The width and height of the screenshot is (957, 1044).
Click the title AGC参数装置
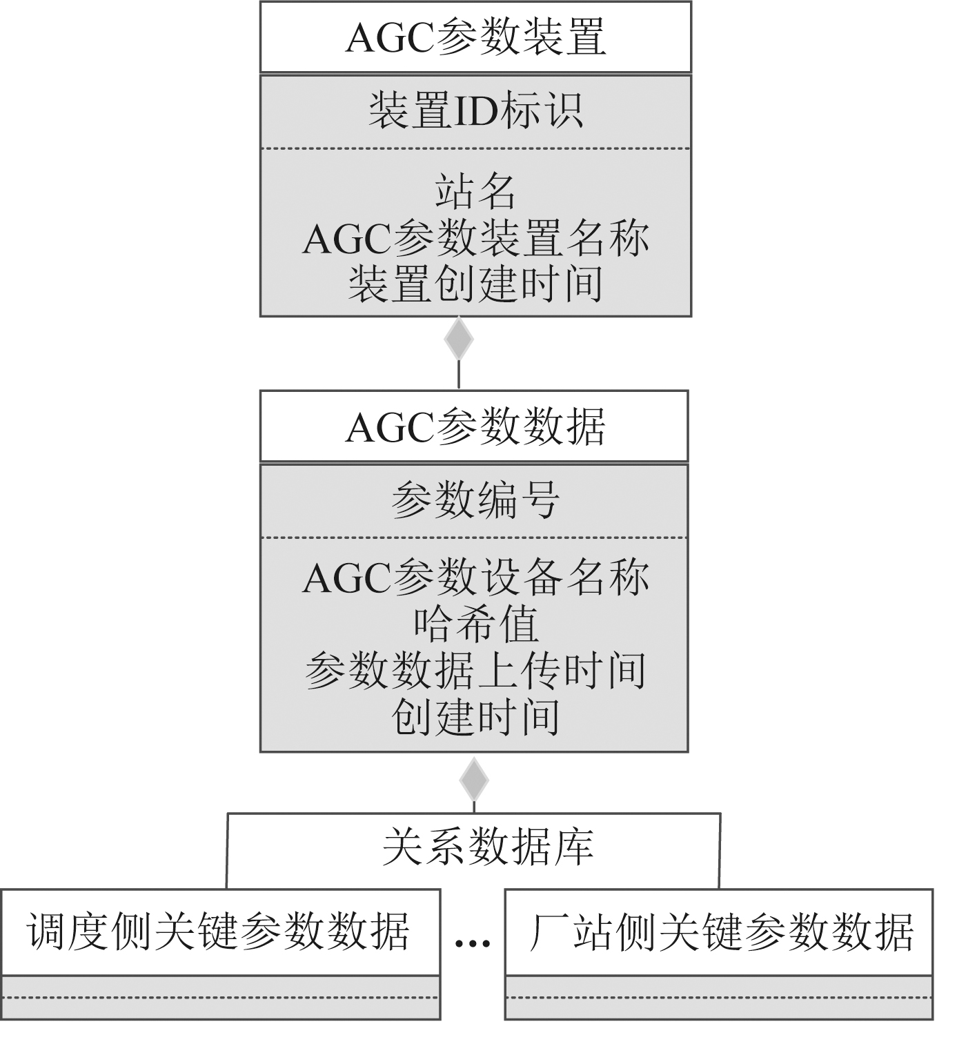(475, 37)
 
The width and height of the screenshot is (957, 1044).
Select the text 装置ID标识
(475, 111)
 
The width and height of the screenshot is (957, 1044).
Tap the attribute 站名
(475, 191)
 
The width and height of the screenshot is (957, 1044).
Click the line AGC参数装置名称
(475, 238)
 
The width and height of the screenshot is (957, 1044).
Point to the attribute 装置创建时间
(475, 284)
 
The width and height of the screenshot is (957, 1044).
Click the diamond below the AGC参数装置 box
(459, 339)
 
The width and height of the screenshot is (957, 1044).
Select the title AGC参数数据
(475, 426)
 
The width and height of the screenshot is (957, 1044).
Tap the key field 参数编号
(475, 500)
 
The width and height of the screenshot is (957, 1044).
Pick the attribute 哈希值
(475, 624)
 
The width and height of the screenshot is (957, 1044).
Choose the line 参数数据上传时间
(475, 670)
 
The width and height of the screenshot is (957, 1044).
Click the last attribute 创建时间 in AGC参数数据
(475, 716)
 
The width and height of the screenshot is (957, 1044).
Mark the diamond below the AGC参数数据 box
(474, 780)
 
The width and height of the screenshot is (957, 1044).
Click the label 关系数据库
(487, 847)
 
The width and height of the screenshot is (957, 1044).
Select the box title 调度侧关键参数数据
(219, 932)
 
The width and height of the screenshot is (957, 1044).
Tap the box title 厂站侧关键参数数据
(720, 932)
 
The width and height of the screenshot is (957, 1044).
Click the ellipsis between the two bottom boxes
(473, 941)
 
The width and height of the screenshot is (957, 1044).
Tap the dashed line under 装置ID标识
(475, 148)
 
